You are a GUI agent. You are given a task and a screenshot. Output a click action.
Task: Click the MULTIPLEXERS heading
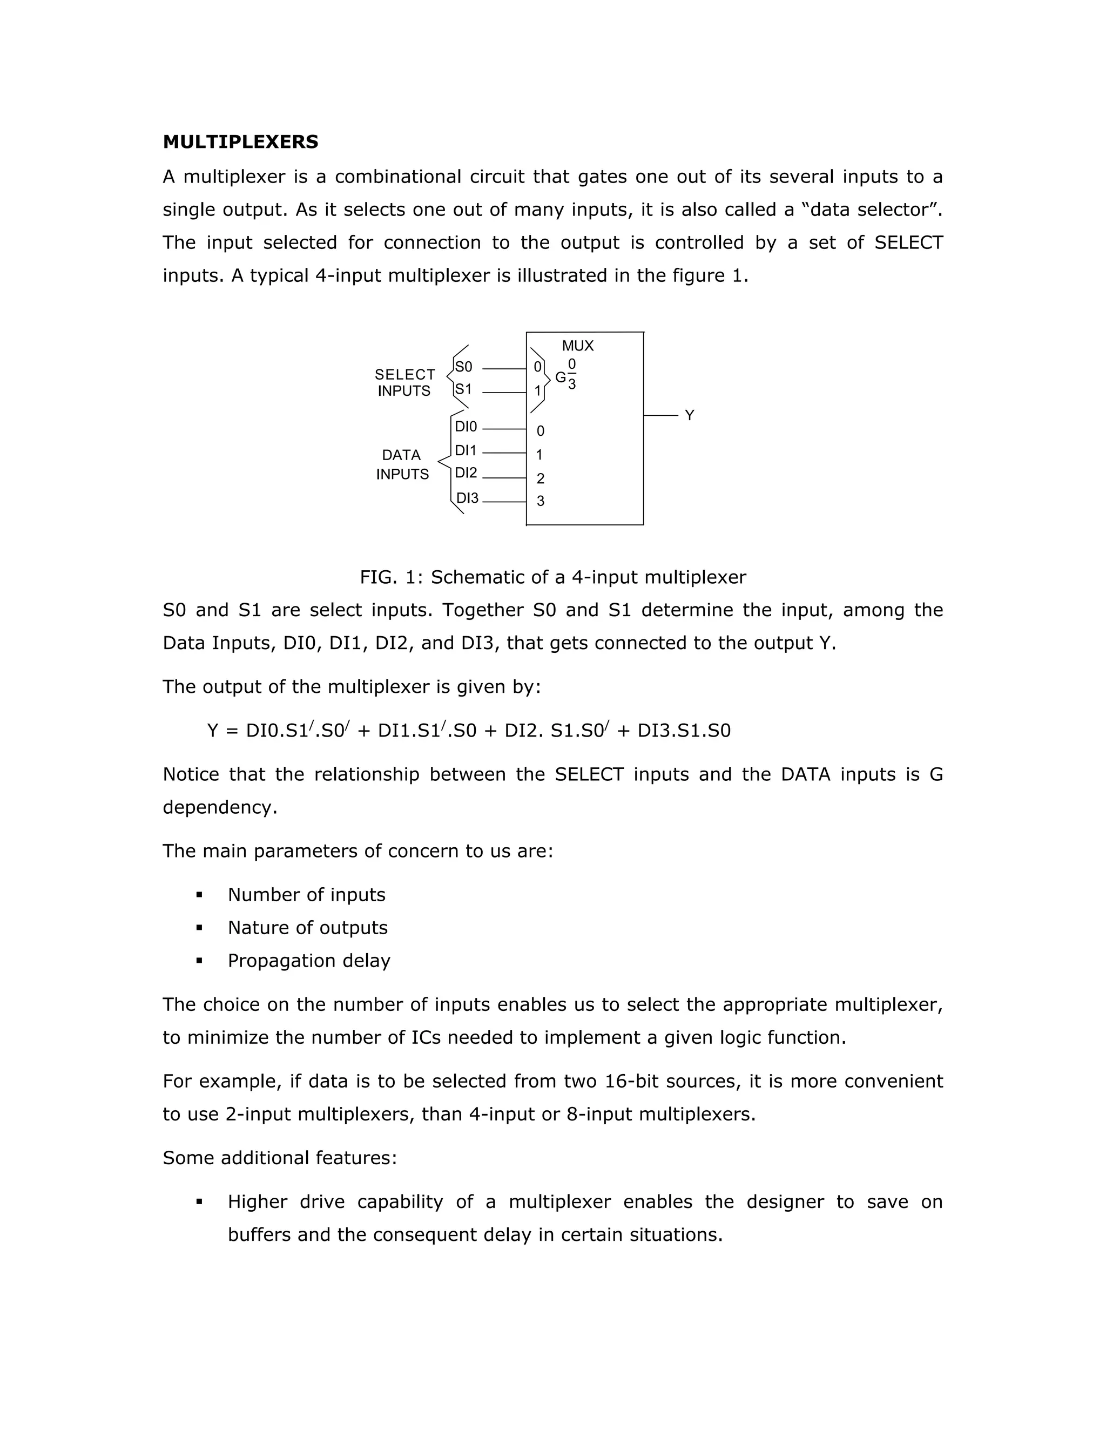[240, 142]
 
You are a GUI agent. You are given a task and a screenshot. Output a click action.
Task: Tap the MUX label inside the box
[577, 346]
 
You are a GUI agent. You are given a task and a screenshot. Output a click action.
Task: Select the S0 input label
[463, 367]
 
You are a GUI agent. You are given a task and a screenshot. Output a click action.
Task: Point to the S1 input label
[463, 389]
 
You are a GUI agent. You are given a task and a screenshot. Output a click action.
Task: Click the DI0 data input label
[466, 427]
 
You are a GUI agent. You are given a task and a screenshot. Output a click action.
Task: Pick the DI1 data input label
[465, 451]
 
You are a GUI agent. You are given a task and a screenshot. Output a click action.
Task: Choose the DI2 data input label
[466, 473]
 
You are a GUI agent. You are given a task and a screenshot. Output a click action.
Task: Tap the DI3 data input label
[467, 498]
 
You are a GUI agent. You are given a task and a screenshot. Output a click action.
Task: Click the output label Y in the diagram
[689, 415]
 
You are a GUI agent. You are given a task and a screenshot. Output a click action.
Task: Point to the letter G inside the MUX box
[560, 377]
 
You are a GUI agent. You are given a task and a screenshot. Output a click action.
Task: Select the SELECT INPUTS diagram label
[404, 383]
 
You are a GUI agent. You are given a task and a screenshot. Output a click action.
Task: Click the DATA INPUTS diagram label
[402, 464]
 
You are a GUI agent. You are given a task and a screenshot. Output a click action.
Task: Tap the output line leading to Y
[660, 415]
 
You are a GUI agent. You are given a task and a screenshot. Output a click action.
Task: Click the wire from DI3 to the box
[504, 502]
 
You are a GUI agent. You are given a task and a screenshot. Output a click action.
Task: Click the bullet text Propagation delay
[308, 961]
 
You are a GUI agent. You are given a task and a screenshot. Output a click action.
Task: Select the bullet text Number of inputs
[307, 895]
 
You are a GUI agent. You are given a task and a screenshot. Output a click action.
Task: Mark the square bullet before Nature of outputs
[199, 928]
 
